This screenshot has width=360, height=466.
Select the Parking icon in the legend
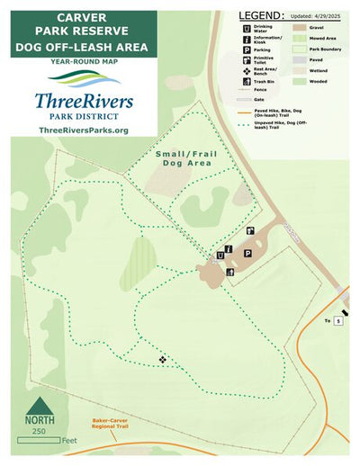[x=244, y=51]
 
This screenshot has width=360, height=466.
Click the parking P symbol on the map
[x=247, y=255]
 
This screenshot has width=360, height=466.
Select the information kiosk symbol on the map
[x=231, y=249]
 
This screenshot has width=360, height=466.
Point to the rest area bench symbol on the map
[x=163, y=360]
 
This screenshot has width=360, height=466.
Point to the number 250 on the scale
[x=39, y=433]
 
